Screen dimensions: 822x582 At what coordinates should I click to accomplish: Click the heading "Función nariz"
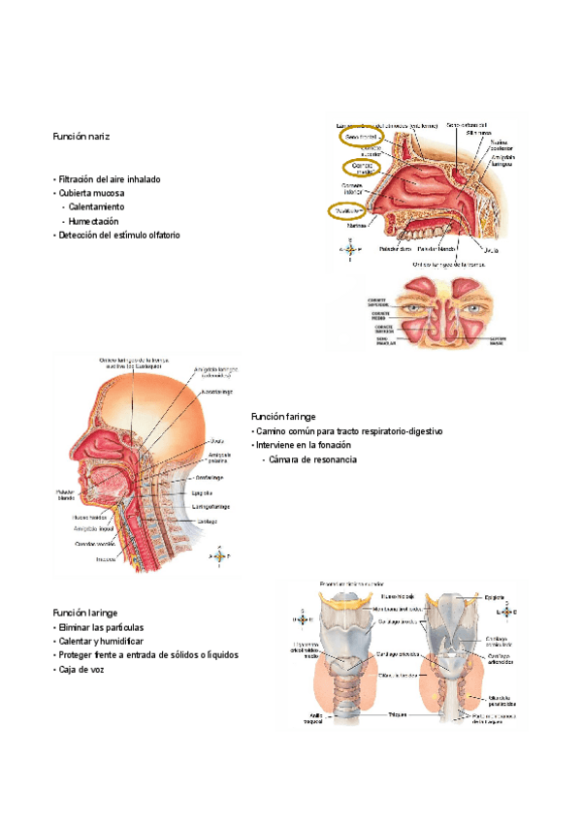coord(81,138)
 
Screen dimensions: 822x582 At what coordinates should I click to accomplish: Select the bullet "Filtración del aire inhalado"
coord(109,179)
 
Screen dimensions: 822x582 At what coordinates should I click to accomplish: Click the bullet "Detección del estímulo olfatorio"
coord(118,235)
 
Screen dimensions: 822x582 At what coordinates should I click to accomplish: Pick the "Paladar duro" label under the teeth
coord(395,249)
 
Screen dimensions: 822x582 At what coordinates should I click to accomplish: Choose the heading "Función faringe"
coord(282,416)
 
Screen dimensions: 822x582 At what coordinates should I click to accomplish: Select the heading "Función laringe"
coord(85,614)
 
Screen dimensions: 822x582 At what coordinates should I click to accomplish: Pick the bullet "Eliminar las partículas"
coord(104,628)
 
